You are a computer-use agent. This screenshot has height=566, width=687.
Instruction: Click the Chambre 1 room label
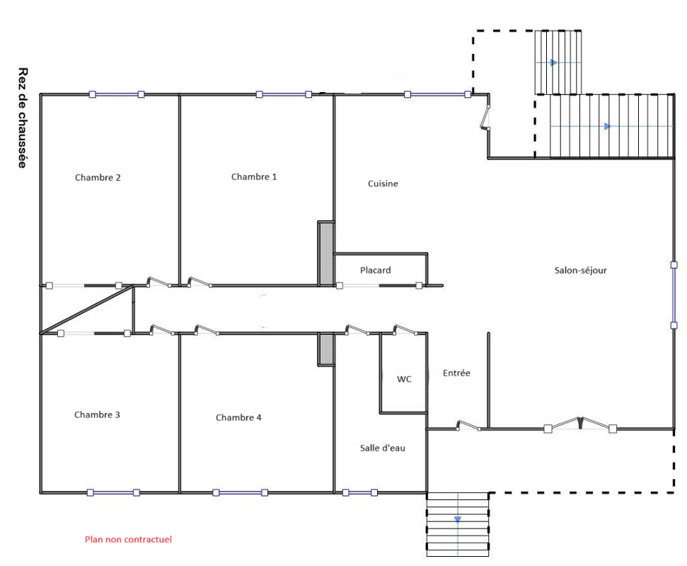[254, 177]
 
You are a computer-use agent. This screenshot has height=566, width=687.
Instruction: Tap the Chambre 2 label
[98, 178]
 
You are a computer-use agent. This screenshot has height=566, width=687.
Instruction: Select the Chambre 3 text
[97, 414]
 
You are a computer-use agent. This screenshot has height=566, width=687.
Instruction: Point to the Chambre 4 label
[238, 417]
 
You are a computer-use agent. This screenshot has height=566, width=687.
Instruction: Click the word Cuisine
[383, 183]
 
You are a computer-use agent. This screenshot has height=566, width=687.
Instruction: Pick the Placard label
[376, 271]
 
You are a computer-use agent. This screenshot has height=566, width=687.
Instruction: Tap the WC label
[405, 379]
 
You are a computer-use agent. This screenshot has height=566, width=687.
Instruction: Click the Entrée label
[456, 373]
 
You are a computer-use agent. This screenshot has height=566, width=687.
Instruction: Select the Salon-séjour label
[581, 271]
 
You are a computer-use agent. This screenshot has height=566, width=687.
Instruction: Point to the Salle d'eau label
[383, 448]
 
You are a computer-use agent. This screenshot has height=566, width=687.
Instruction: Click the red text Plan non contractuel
[128, 539]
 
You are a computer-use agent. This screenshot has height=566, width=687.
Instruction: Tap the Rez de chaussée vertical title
[23, 118]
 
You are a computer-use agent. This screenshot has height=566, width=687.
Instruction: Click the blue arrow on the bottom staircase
[458, 519]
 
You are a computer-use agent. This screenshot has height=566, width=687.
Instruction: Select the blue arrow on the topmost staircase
[554, 63]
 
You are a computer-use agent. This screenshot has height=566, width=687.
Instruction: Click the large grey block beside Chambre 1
[326, 254]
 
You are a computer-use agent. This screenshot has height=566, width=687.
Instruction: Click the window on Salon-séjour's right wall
[674, 295]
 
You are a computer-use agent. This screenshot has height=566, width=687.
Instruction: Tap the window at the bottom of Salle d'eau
[359, 493]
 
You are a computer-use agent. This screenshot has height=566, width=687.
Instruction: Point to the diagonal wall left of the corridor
[86, 310]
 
